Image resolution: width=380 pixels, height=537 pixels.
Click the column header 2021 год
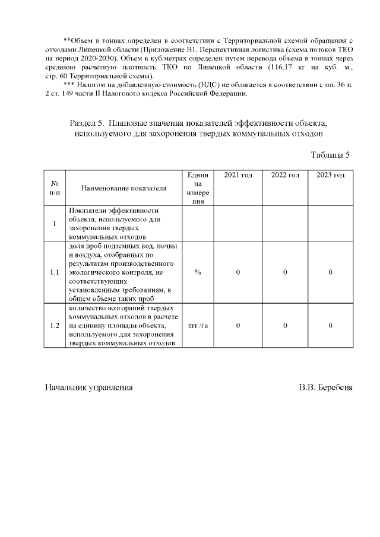click(237, 175)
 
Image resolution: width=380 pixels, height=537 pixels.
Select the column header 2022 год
click(285, 175)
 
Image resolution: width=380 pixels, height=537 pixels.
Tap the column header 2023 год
click(331, 175)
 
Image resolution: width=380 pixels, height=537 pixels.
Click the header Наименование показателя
click(123, 188)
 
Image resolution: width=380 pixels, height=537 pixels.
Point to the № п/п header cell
click(55, 188)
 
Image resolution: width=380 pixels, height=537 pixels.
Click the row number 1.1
click(55, 272)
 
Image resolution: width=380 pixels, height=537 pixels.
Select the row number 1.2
click(55, 326)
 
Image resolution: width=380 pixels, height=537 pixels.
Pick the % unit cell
click(198, 272)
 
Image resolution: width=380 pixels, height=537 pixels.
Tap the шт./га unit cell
click(198, 326)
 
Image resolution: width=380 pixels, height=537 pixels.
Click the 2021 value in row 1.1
click(237, 272)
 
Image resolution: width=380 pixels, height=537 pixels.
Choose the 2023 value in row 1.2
click(331, 326)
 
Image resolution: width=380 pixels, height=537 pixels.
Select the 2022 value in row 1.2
click(285, 326)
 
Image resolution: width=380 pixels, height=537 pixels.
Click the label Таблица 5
click(331, 155)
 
